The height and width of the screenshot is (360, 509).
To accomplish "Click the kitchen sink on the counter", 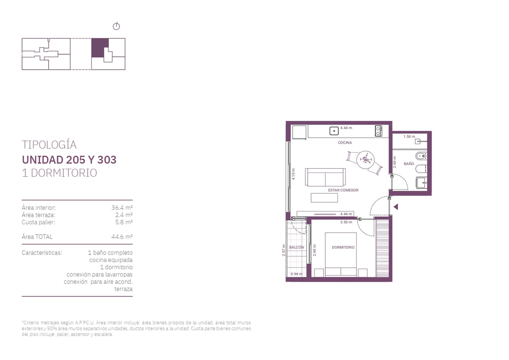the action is click(334, 131).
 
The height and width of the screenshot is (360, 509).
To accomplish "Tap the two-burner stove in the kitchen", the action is click(378, 131).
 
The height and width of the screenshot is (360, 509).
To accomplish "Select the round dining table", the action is click(366, 160).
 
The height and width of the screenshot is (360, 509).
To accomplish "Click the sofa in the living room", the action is click(325, 177).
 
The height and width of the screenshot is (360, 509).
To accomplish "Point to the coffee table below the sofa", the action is click(324, 198).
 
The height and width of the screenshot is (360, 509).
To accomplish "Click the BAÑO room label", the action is click(409, 164).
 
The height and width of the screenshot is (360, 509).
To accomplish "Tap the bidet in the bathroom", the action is click(421, 156).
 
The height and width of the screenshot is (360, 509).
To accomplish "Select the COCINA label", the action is click(345, 142).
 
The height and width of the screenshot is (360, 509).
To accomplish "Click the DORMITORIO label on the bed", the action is click(343, 247).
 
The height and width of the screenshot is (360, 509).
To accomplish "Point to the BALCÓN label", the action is click(297, 247).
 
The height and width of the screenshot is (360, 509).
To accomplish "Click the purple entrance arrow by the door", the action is click(396, 207).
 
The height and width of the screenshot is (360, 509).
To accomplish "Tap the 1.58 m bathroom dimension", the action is click(409, 137).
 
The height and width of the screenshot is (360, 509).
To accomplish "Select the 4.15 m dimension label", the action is click(294, 174).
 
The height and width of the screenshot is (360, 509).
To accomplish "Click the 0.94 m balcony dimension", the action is click(296, 274).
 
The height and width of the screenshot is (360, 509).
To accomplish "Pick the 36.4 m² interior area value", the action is click(122, 207).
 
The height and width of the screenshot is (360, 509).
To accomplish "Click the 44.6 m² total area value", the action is click(122, 237).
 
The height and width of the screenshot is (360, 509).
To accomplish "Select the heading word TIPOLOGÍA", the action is click(49, 145).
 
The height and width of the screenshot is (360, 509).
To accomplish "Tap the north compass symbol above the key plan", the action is click(116, 26).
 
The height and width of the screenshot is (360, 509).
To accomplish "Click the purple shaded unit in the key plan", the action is click(99, 48).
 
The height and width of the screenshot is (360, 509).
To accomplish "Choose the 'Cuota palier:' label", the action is click(38, 222).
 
